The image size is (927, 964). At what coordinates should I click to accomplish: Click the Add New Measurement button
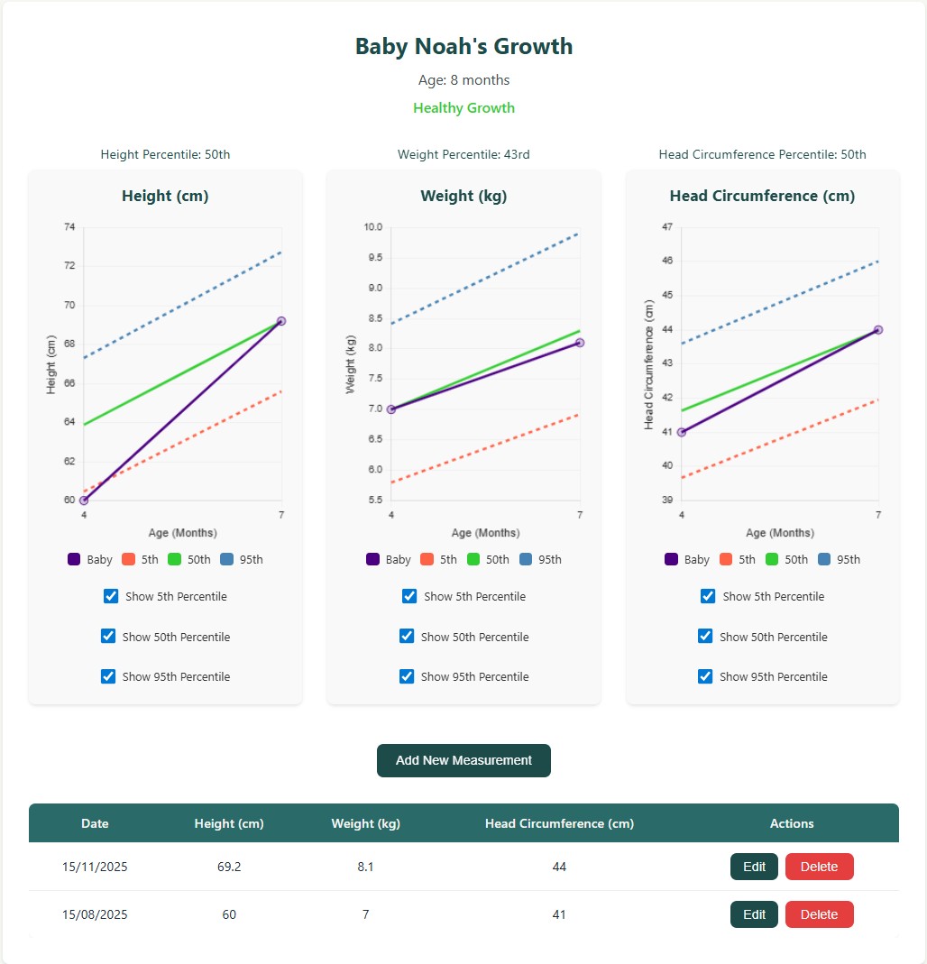(463, 760)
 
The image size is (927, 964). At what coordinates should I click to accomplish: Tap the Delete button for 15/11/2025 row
(819, 867)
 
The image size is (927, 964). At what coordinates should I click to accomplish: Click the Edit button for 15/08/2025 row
(754, 914)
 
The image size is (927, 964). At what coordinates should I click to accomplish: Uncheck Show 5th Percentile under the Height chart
(111, 596)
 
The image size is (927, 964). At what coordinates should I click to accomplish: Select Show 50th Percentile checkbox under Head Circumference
(705, 637)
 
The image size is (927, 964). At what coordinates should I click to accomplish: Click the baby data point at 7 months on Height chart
(281, 321)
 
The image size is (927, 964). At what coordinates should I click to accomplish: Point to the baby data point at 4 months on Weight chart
(391, 409)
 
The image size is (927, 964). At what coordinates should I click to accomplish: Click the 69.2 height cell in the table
(229, 867)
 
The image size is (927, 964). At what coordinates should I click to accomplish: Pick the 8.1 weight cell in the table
(365, 867)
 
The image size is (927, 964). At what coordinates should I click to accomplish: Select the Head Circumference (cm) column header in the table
(559, 823)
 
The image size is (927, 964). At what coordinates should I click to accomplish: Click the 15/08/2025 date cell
(95, 914)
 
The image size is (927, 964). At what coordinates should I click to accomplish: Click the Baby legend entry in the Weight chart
(389, 559)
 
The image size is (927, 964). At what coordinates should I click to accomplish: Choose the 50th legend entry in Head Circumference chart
(786, 559)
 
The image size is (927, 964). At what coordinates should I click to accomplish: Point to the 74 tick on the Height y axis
(69, 227)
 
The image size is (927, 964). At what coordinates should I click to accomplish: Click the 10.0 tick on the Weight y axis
(373, 227)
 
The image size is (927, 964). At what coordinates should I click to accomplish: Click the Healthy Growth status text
(463, 108)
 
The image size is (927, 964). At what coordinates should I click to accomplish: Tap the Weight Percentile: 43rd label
(463, 154)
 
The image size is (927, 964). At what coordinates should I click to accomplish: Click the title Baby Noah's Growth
(463, 47)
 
